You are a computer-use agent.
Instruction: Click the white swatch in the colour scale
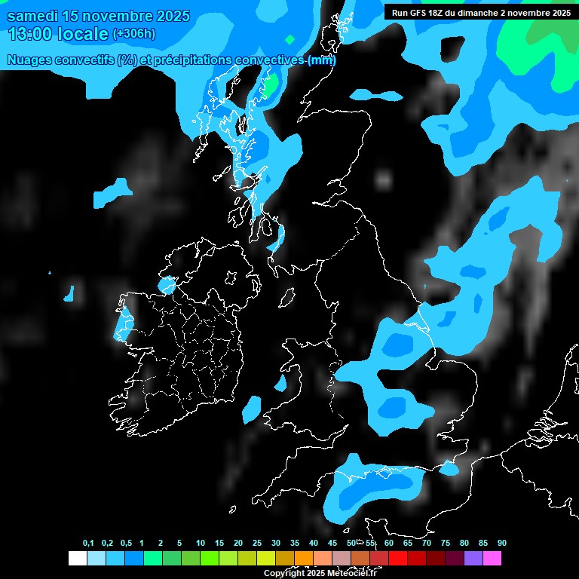[x=77, y=558]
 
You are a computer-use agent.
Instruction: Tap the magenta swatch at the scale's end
[x=492, y=558]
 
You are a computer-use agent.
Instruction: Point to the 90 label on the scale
[x=502, y=544]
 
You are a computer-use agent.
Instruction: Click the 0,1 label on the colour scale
[x=88, y=544]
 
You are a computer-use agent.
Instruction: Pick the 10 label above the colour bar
[x=201, y=544]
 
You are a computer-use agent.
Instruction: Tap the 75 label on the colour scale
[x=446, y=544]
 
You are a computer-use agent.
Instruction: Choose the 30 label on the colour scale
[x=276, y=544]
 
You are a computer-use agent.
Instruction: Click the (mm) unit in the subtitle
[x=322, y=60]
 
